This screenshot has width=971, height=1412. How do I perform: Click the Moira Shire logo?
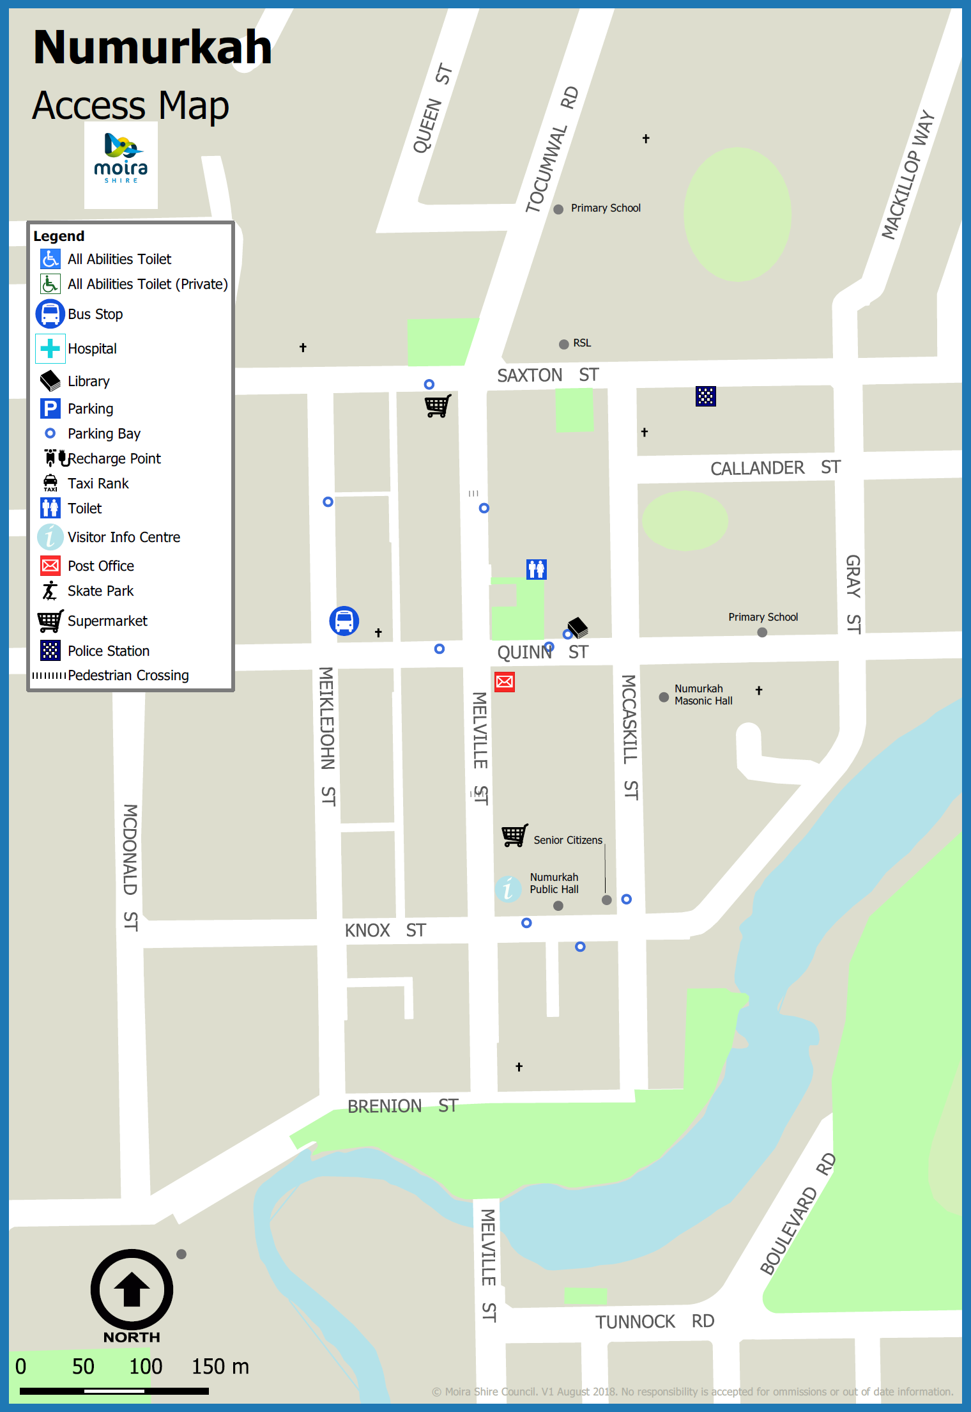(x=121, y=160)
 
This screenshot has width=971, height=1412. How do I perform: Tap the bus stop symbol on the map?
(x=344, y=621)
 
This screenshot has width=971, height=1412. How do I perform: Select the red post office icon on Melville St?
(x=505, y=681)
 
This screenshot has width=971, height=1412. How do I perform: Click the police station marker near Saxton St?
(x=705, y=396)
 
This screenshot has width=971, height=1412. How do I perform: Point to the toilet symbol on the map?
(x=537, y=568)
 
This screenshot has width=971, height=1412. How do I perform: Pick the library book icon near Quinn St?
(x=578, y=627)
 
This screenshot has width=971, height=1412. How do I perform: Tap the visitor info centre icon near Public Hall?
(x=508, y=888)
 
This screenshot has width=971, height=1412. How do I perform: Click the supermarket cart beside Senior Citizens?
(x=514, y=835)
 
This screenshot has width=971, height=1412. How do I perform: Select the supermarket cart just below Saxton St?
(x=438, y=406)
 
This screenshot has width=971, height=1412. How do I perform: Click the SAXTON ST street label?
(x=547, y=375)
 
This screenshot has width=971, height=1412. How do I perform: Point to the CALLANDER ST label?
(x=775, y=468)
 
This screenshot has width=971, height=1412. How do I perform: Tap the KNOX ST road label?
(x=385, y=930)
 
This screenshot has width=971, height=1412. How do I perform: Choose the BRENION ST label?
(x=402, y=1106)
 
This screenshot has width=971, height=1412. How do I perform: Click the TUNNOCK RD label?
(x=654, y=1321)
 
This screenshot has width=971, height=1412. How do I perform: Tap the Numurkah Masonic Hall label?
(x=703, y=695)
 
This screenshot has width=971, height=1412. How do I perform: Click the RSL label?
(x=581, y=343)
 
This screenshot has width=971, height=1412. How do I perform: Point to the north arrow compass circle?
(x=132, y=1290)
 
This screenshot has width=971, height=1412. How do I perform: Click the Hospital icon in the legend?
(x=50, y=348)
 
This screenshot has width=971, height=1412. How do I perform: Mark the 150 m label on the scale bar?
(x=220, y=1366)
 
